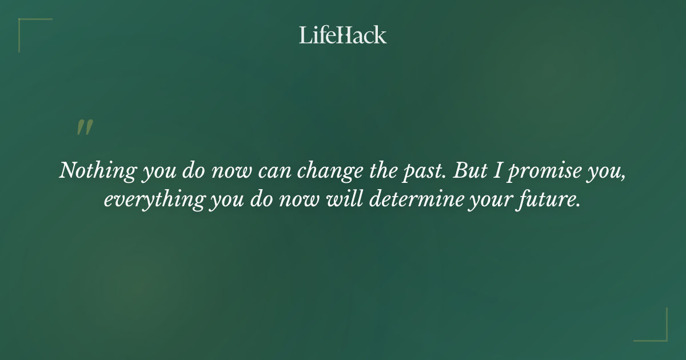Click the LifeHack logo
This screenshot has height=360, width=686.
click(342, 35)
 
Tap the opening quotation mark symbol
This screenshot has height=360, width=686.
click(85, 127)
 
